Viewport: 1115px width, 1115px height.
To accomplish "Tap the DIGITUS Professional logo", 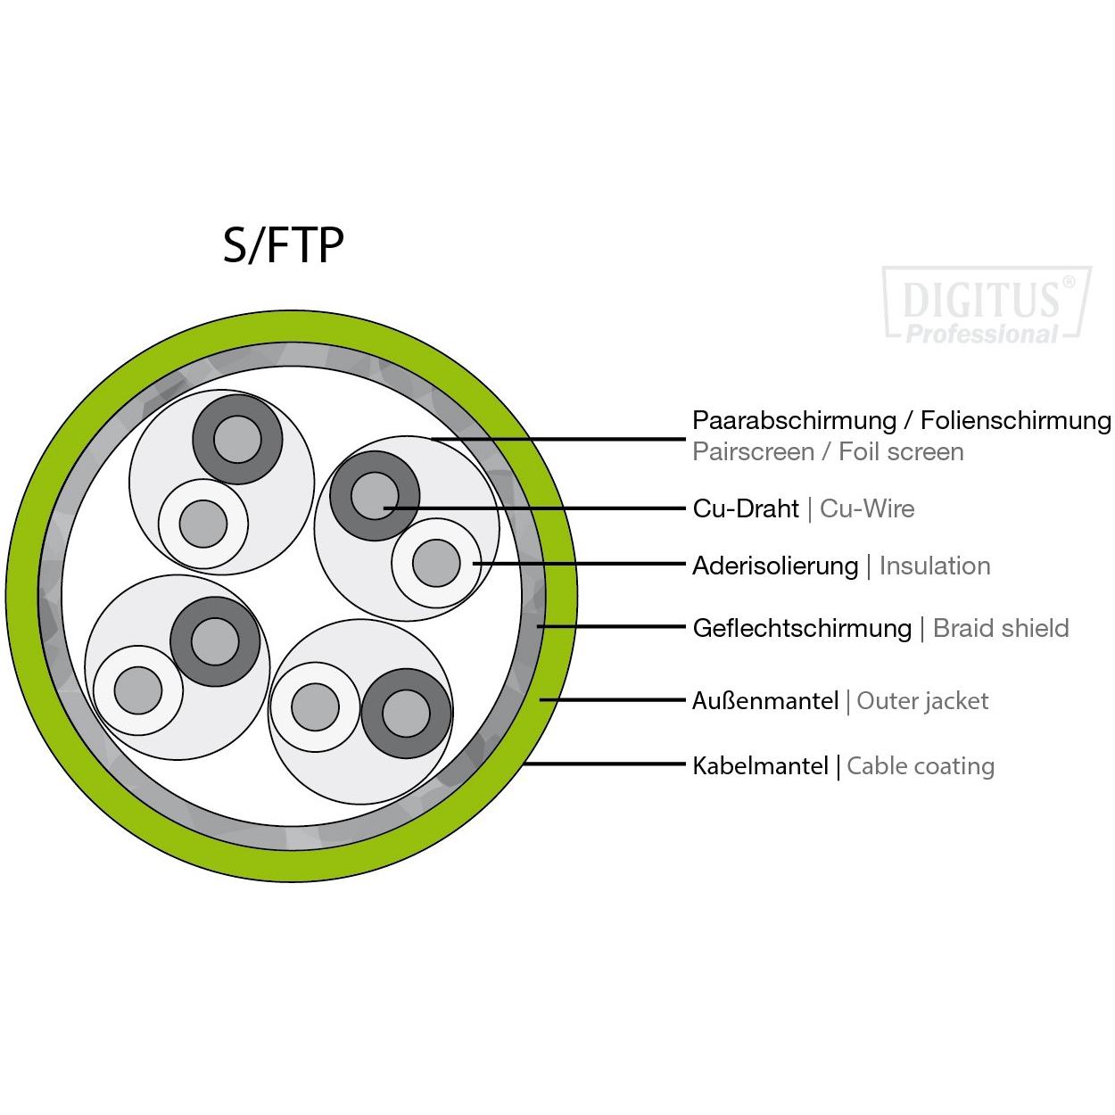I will (987, 306).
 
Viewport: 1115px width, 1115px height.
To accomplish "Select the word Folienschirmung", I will (1015, 420).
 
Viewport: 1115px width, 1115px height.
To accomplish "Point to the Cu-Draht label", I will (746, 508).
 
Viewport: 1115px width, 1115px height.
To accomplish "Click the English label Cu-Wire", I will (867, 508).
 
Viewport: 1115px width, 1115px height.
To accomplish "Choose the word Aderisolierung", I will (775, 566).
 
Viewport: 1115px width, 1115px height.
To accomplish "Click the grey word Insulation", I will (934, 566).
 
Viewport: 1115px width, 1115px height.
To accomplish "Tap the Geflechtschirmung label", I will (802, 628).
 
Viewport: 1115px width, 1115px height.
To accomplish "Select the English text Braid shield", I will (1000, 628).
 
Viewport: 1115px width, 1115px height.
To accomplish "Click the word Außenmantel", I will (765, 701).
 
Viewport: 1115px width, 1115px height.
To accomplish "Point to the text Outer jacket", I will (922, 701).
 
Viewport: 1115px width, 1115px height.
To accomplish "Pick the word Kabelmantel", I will (760, 765).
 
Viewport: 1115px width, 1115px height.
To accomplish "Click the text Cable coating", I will (920, 765).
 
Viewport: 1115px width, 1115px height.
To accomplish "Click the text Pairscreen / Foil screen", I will (828, 451).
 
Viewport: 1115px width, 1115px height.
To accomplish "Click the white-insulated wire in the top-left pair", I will (203, 524).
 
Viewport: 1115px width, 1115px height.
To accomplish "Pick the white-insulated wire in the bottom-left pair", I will (138, 690).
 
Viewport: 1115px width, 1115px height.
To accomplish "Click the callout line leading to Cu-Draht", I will (535, 508).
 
